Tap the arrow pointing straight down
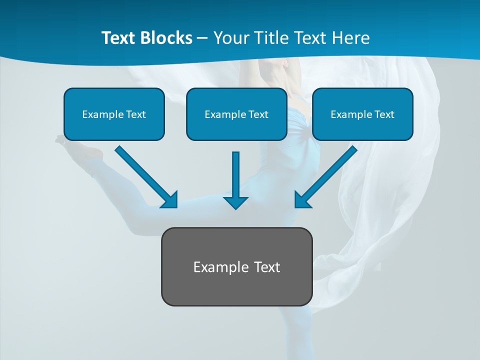click(x=235, y=180)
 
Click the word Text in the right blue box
click(x=384, y=114)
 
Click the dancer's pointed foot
click(x=61, y=139)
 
